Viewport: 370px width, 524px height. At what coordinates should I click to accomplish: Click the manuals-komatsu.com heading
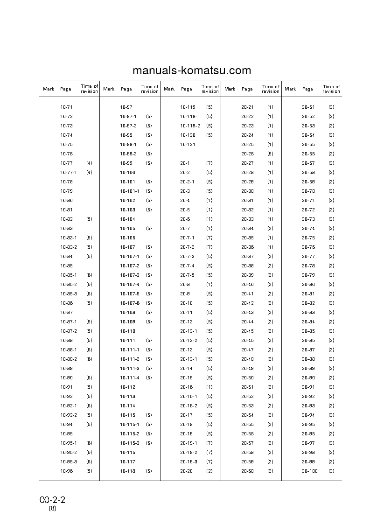(x=192, y=71)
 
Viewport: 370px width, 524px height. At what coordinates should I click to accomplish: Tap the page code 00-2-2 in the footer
(x=52, y=500)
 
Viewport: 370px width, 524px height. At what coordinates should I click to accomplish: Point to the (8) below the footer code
(x=53, y=509)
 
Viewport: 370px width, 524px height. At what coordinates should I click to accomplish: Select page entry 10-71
(x=66, y=107)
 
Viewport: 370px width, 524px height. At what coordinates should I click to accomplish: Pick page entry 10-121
(x=188, y=145)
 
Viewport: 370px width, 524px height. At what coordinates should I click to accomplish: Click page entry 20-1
(x=184, y=163)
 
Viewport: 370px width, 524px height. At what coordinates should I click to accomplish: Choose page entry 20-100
(x=309, y=471)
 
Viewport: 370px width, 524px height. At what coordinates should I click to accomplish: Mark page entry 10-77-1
(x=68, y=173)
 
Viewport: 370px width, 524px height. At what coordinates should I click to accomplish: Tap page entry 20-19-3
(x=188, y=462)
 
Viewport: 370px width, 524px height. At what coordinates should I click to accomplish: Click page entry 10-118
(x=127, y=471)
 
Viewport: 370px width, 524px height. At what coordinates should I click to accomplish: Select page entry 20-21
(x=247, y=107)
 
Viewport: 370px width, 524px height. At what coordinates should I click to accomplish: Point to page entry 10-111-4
(x=130, y=378)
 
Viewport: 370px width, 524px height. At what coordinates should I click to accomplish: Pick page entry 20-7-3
(x=187, y=257)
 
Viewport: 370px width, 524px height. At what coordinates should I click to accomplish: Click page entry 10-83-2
(x=68, y=247)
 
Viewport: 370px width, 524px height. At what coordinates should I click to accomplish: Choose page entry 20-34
(x=247, y=229)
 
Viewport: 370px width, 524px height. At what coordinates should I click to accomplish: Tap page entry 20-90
(x=308, y=378)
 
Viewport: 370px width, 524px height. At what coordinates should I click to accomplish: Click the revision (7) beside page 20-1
(x=209, y=163)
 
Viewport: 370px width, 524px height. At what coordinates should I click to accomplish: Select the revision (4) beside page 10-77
(x=89, y=163)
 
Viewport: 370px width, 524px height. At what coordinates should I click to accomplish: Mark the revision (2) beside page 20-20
(x=209, y=471)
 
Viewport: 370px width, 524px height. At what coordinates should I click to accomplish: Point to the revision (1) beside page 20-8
(x=209, y=285)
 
